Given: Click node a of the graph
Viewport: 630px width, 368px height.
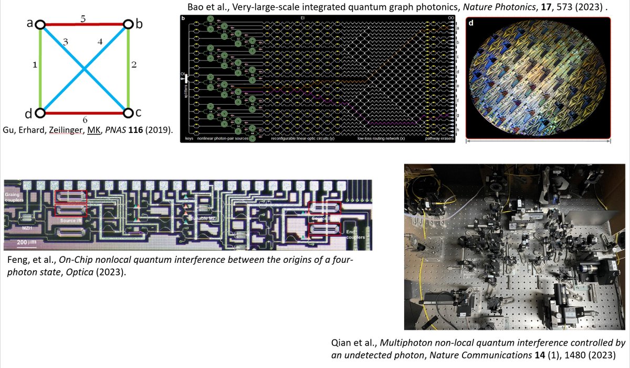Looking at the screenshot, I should [40, 25].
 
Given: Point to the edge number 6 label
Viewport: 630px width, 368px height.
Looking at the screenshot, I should [84, 120].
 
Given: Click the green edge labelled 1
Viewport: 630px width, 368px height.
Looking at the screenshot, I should [40, 68].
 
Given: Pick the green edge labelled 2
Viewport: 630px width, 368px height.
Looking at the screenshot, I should [129, 68].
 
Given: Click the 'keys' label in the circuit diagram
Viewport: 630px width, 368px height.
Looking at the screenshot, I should [190, 139].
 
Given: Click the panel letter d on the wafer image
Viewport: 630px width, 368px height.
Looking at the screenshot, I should [471, 23].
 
